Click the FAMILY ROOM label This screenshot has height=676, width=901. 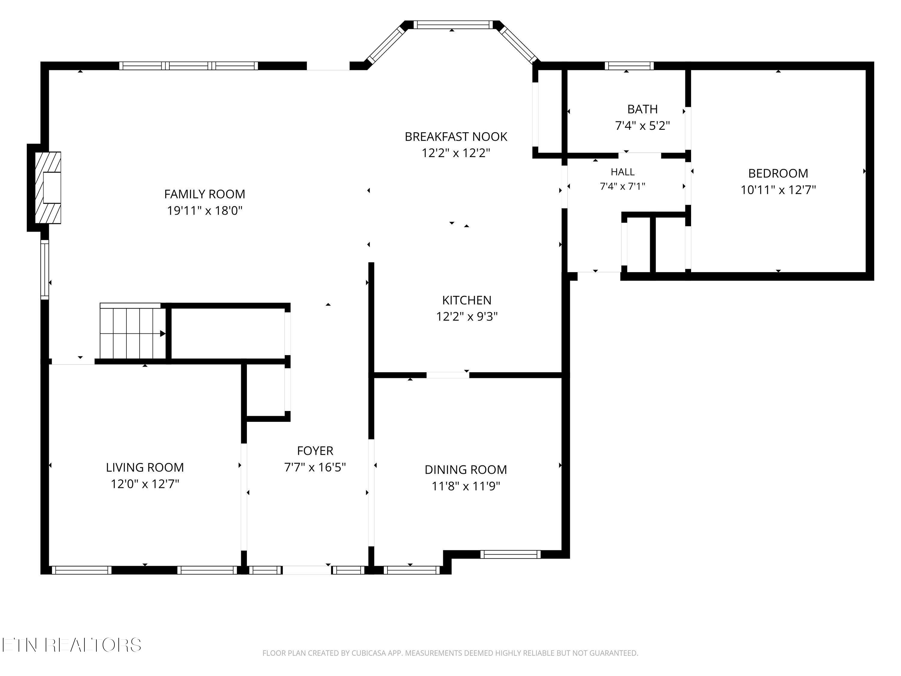pyautogui.click(x=205, y=194)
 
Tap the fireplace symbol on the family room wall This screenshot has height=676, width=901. pyautogui.click(x=48, y=187)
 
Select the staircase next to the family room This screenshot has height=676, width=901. pyautogui.click(x=133, y=331)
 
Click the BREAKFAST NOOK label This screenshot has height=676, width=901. pyautogui.click(x=456, y=136)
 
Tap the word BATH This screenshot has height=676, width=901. pyautogui.click(x=642, y=109)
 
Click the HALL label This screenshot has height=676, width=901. pyautogui.click(x=622, y=172)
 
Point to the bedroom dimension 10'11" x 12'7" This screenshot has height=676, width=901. pyautogui.click(x=778, y=190)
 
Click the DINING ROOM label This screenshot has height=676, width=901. pyautogui.click(x=466, y=470)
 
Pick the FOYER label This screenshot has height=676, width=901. pyautogui.click(x=315, y=451)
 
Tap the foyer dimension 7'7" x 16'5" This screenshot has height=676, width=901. pyautogui.click(x=315, y=467)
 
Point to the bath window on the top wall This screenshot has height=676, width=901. pyautogui.click(x=629, y=65)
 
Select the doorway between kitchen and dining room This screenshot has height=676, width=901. pyautogui.click(x=448, y=375)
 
